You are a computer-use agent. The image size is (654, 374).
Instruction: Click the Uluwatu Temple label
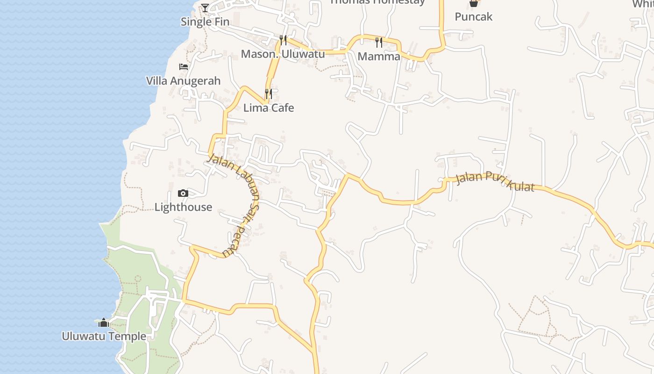click(x=104, y=336)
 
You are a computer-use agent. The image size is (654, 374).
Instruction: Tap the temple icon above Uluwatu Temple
click(x=104, y=323)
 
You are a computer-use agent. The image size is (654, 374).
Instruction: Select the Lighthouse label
click(x=183, y=207)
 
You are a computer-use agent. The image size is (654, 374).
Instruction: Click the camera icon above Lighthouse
click(x=183, y=194)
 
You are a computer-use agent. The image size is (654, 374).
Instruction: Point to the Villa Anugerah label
click(x=183, y=81)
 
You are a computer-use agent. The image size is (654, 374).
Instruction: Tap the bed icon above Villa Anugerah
click(x=184, y=67)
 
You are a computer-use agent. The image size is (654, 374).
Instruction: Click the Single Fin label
click(x=205, y=22)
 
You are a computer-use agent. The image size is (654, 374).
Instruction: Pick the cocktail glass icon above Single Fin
click(x=205, y=7)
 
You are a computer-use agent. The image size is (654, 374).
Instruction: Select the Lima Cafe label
click(x=269, y=108)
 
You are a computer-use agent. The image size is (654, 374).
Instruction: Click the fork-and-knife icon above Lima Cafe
click(x=269, y=94)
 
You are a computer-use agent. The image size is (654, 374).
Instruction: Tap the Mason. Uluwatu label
click(x=283, y=54)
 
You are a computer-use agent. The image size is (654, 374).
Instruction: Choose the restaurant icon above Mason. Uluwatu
click(x=283, y=40)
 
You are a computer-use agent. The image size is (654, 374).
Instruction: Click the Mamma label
click(x=379, y=57)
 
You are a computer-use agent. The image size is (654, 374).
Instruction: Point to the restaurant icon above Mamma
click(x=379, y=43)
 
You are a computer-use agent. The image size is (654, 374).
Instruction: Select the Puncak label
click(x=474, y=17)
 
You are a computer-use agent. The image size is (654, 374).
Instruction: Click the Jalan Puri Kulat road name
click(x=495, y=181)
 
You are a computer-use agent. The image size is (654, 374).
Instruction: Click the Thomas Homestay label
click(x=377, y=2)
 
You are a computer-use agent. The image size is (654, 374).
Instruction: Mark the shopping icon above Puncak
click(x=474, y=3)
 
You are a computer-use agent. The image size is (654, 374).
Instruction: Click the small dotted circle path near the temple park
click(x=138, y=279)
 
